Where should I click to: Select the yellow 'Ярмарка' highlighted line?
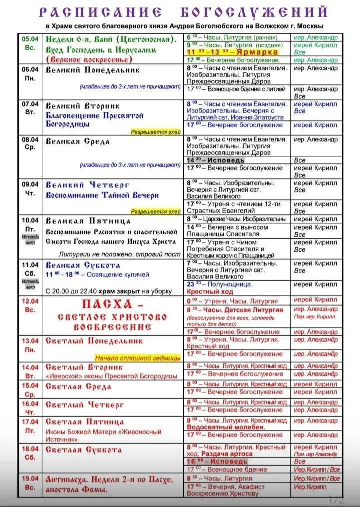(x=235, y=52)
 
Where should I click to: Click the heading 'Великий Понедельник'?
(x=93, y=70)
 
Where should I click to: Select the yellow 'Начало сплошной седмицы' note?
(x=138, y=358)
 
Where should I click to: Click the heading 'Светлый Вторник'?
(x=84, y=367)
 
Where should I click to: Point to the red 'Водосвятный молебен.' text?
(x=226, y=428)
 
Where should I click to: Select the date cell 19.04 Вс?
(x=30, y=483)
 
